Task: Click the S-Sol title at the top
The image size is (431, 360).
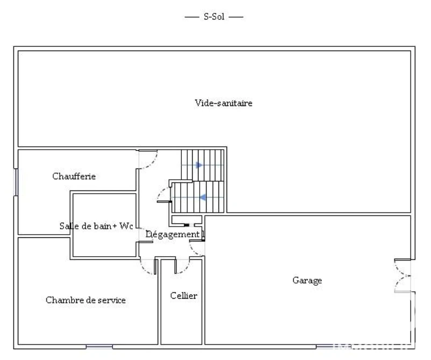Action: [214, 17]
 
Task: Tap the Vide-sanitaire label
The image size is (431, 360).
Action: [223, 103]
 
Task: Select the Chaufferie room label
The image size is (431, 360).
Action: [74, 176]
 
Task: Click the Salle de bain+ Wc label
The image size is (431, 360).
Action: [96, 226]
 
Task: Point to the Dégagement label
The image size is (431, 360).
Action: [172, 235]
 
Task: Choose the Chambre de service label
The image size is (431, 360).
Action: [86, 300]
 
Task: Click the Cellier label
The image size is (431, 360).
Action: [183, 295]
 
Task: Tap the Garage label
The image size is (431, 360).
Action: [307, 280]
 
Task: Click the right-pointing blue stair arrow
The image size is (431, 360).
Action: [199, 165]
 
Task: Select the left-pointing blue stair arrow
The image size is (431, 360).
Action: [203, 197]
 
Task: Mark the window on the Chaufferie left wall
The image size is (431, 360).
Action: [16, 182]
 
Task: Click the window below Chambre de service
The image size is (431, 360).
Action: [99, 347]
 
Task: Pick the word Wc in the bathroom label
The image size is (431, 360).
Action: [126, 226]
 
